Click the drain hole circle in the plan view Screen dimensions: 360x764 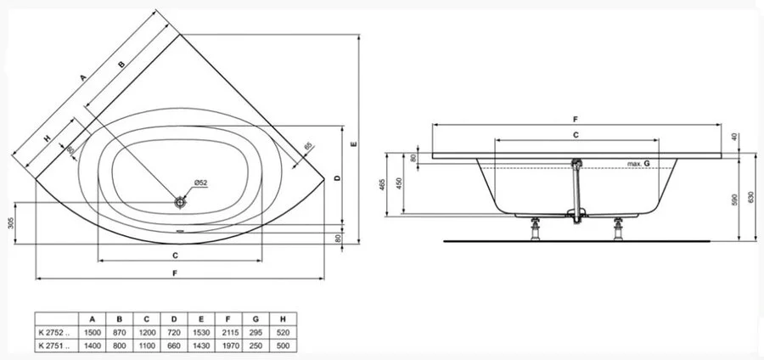pos(180,202)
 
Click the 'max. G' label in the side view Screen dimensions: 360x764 pos(638,162)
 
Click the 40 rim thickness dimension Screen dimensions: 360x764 pos(733,138)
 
